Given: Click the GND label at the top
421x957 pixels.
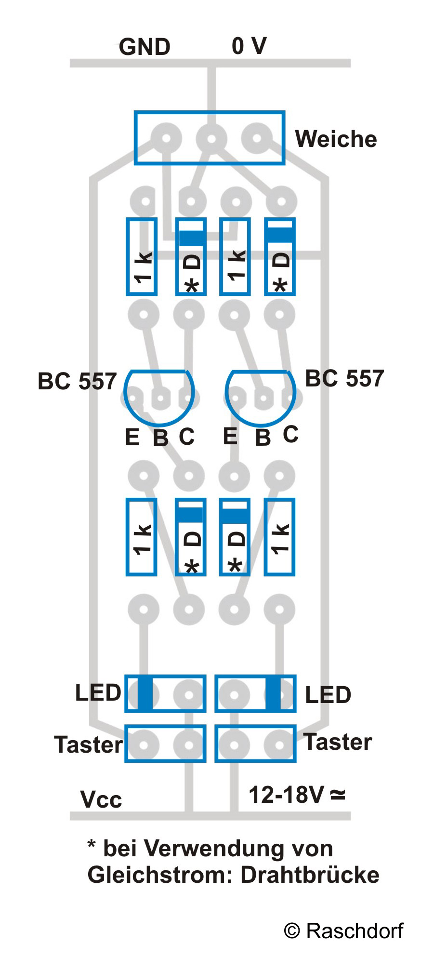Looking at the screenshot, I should point(145,47).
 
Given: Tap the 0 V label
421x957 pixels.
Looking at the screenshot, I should point(249,46).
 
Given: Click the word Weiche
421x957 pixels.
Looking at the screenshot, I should point(336,139).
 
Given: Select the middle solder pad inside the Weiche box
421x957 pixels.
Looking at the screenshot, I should point(211,139).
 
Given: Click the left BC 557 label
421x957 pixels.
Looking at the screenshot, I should point(77,382).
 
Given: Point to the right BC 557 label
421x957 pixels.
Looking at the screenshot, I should point(344,379).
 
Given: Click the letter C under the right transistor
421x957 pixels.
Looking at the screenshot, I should point(290,435).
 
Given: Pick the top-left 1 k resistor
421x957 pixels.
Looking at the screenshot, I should point(142,256).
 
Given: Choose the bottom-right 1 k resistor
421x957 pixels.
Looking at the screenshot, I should point(280,537).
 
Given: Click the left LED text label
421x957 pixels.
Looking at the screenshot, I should point(98,693).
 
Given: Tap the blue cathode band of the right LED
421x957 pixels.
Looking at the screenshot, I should point(273,693).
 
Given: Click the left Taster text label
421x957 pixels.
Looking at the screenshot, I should point(88,744).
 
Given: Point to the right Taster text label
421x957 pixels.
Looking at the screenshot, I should point(338,742).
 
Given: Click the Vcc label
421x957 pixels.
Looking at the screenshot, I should point(101,800).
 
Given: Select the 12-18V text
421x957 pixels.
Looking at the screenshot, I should point(286,795).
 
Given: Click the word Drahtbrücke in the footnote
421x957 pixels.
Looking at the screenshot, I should point(310,875).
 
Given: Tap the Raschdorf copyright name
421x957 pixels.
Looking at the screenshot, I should point(355,931).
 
